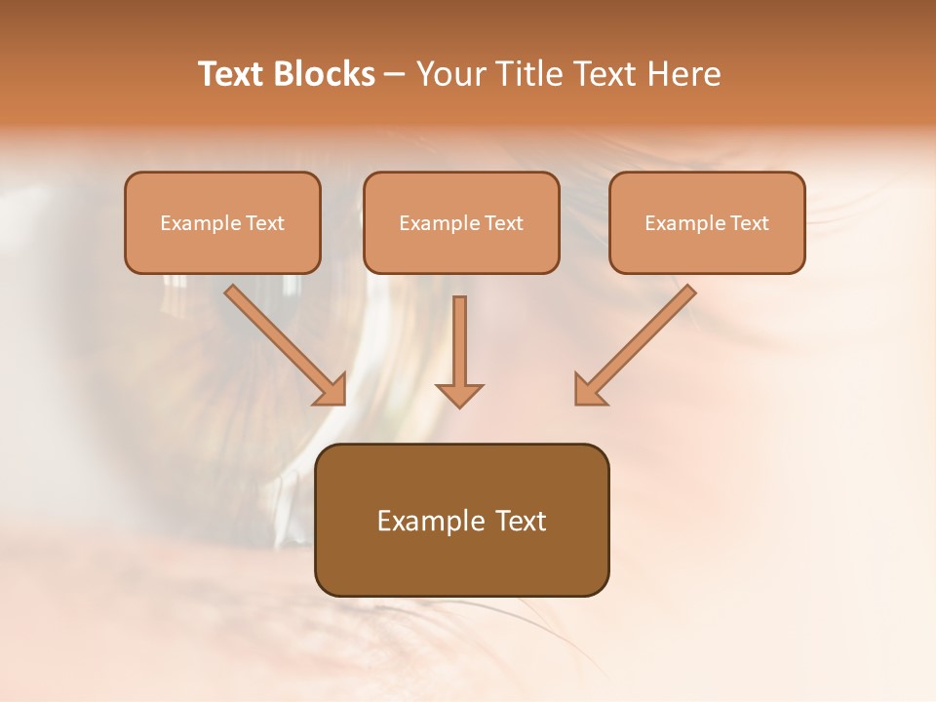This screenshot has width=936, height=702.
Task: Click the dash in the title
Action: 395,76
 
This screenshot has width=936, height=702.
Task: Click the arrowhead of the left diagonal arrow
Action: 331,390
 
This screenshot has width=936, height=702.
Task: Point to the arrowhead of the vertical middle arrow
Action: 459,394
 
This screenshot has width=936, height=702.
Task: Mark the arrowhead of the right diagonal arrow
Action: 588,390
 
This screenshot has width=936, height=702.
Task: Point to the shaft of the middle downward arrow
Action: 459,336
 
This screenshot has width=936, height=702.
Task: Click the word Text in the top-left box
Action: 264,223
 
